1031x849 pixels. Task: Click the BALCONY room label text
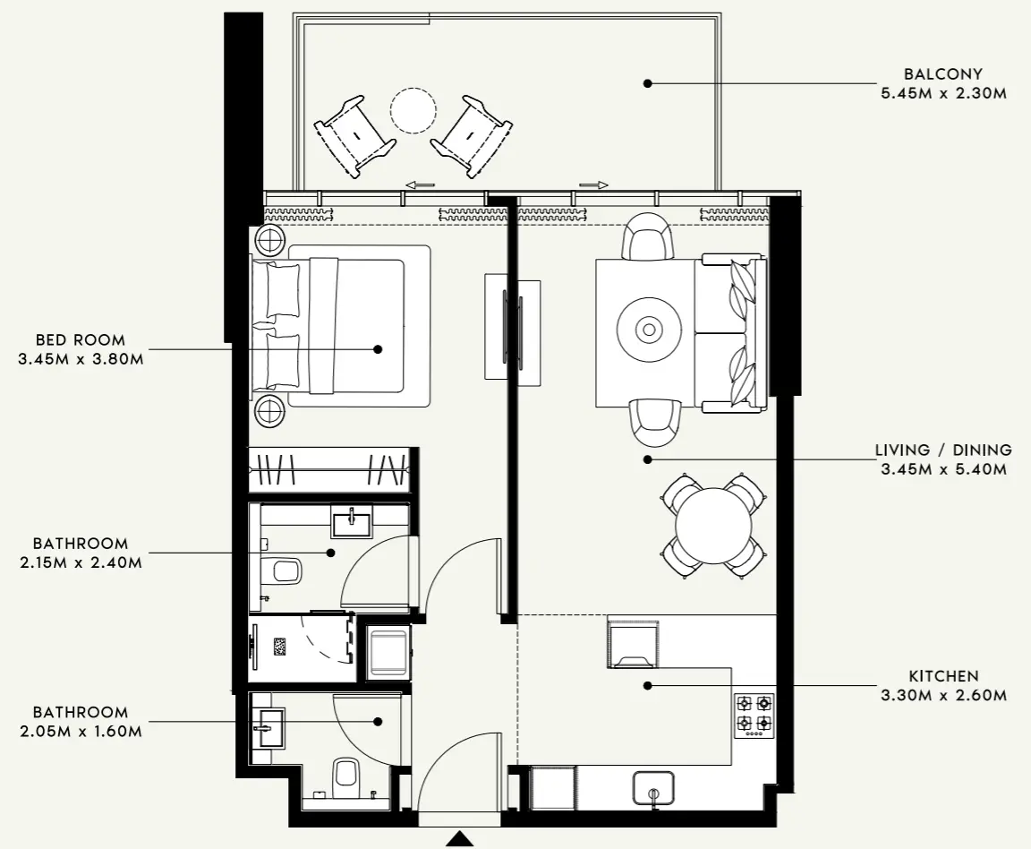point(943,74)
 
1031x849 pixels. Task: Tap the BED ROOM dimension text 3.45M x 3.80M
point(81,359)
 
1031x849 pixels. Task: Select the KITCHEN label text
point(943,676)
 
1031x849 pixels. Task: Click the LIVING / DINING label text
point(943,450)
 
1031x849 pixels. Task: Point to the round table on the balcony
point(413,110)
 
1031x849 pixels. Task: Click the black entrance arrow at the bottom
point(460,839)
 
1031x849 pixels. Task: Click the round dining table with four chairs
point(713,526)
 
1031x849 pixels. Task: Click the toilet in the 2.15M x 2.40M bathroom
point(284,570)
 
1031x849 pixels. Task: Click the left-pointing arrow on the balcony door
point(420,184)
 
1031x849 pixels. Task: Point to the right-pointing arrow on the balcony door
point(593,184)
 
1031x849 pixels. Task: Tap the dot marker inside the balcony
point(647,83)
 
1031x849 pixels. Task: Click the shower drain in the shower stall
point(280,647)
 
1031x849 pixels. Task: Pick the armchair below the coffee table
point(653,422)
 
